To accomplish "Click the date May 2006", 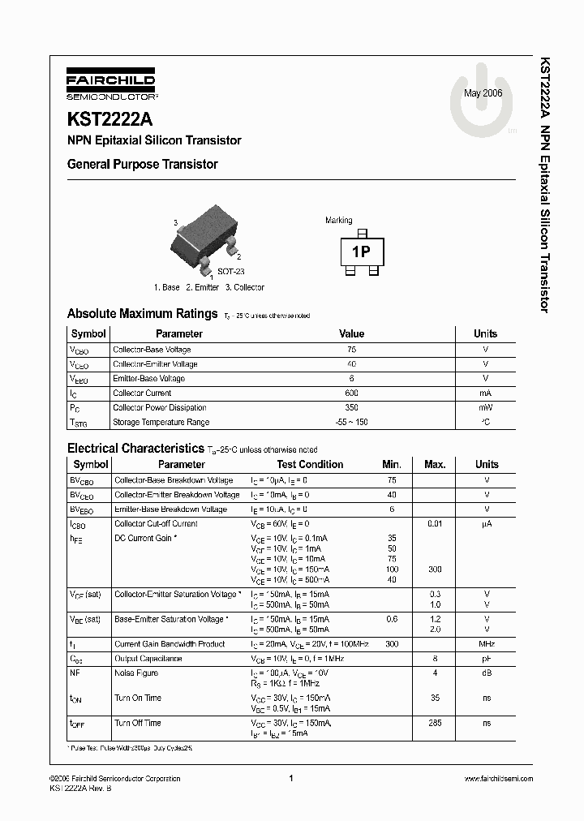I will [483, 93].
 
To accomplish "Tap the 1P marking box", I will [360, 252].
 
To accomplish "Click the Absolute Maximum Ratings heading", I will [142, 313].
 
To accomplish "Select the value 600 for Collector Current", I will [351, 393].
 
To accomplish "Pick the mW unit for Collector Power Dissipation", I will [485, 408].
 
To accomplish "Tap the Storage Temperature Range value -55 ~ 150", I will [351, 423].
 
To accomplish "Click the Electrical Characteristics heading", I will [135, 448].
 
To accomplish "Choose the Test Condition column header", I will [310, 465].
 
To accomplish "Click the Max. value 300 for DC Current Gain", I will [435, 570].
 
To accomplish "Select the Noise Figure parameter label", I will [136, 673].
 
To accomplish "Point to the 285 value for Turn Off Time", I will [435, 723].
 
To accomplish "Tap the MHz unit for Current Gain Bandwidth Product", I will [487, 644].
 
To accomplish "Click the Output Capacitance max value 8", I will [435, 659].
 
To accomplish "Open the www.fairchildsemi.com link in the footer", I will [498, 778].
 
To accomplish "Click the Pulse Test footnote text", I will [130, 747].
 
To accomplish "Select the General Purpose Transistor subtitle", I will [142, 164].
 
